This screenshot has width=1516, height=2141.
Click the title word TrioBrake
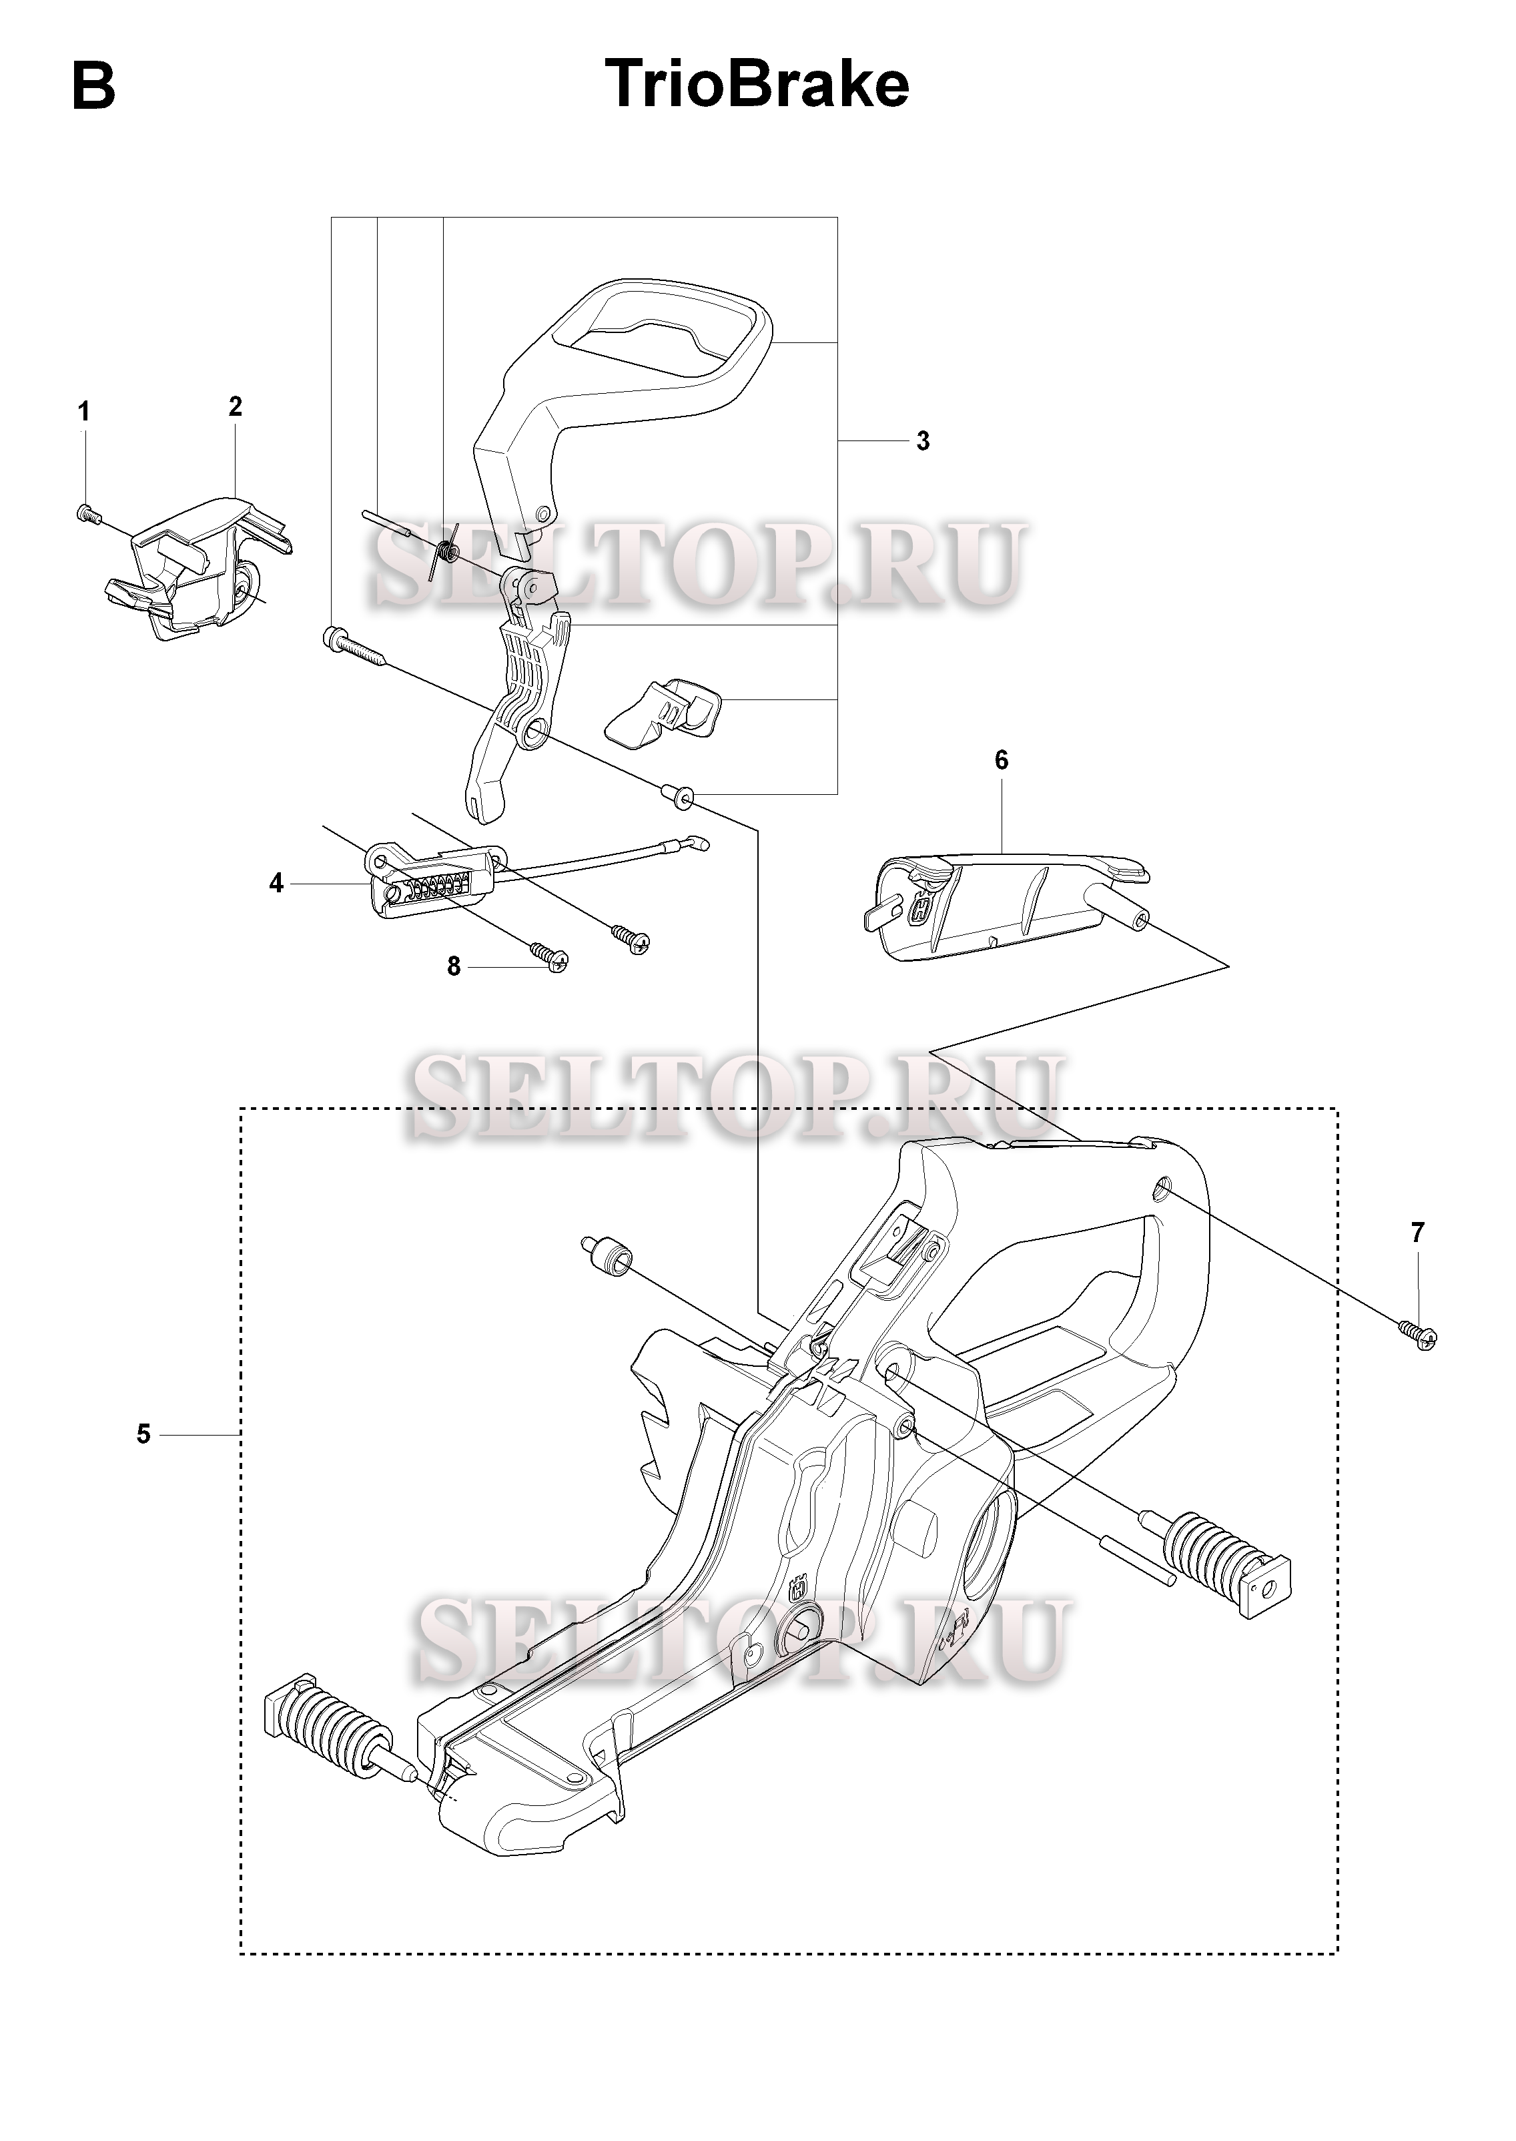click(757, 84)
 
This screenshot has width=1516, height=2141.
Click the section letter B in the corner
click(93, 86)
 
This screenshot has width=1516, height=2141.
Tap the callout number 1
click(84, 412)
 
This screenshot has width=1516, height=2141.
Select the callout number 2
click(236, 406)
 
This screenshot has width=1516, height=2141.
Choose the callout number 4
click(276, 882)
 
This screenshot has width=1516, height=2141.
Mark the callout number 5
click(143, 1434)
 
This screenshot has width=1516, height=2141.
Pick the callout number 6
click(1002, 760)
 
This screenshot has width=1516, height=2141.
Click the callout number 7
click(1418, 1233)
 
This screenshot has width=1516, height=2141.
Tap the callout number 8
click(454, 966)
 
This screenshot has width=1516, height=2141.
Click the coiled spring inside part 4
click(435, 887)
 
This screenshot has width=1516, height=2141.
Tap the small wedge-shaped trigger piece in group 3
click(665, 715)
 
